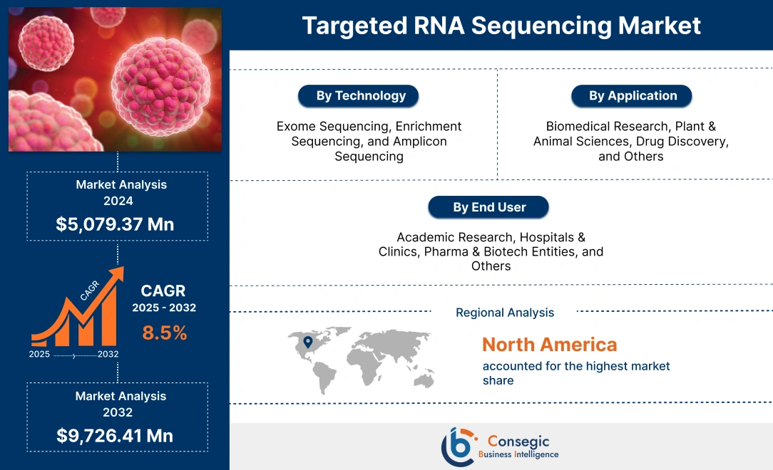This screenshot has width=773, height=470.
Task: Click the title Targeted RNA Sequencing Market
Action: (501, 25)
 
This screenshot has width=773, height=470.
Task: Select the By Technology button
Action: (361, 96)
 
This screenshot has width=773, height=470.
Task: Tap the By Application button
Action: (633, 96)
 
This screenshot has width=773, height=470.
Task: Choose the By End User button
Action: (489, 208)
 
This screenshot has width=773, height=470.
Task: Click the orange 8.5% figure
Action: (164, 333)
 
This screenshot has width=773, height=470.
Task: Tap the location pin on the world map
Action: (307, 343)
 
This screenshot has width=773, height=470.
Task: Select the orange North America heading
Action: (549, 345)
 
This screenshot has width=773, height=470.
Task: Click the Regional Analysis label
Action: (505, 313)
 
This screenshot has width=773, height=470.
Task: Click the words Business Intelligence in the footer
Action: (518, 454)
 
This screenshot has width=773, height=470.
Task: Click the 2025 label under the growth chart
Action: (40, 355)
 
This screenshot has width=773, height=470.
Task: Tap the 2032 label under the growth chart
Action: (108, 355)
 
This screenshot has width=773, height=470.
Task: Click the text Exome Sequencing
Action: (321, 126)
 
